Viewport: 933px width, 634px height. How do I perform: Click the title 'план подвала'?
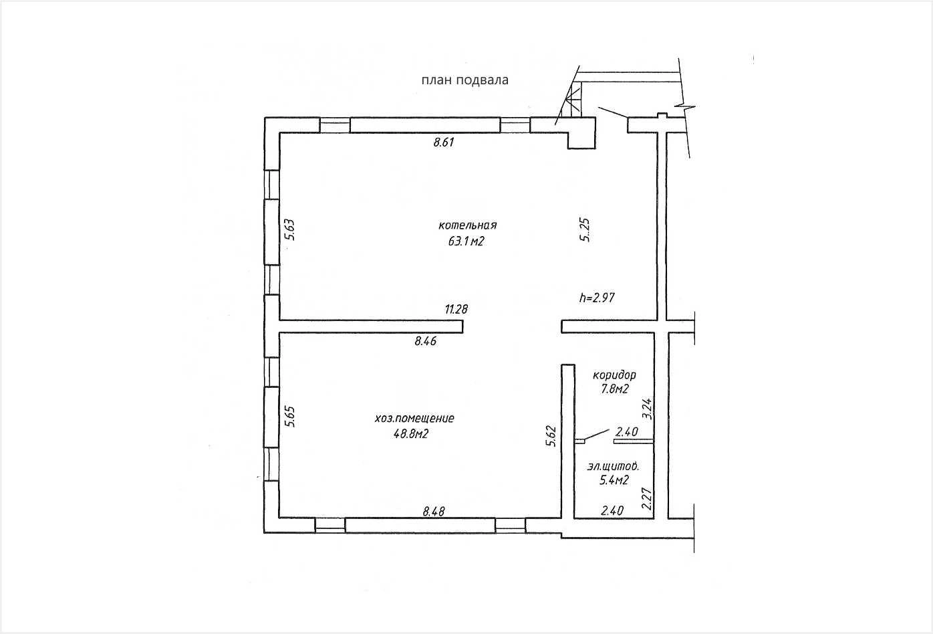tap(465, 80)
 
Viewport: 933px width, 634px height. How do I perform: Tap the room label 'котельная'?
tap(467, 225)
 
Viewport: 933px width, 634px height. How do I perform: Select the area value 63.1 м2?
tap(466, 241)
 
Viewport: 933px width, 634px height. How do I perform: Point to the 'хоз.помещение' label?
tap(414, 419)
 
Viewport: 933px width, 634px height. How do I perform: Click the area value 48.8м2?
tap(411, 434)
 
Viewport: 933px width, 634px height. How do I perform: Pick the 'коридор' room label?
tap(614, 375)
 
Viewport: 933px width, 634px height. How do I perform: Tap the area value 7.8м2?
tap(614, 389)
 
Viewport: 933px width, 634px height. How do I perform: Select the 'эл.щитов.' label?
tap(613, 466)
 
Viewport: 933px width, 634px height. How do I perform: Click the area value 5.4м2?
tap(614, 480)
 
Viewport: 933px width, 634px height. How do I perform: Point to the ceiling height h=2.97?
tap(597, 298)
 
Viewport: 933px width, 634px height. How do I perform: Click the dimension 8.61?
tap(444, 142)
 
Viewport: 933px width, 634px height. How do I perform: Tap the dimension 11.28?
tap(456, 309)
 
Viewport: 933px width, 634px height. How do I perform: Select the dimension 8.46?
tap(425, 341)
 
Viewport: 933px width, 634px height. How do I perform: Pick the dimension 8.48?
tap(434, 512)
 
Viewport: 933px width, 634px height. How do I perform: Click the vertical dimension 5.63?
tap(289, 229)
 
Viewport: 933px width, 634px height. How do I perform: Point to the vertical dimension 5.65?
tap(289, 417)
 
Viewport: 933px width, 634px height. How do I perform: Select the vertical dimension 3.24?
tap(647, 409)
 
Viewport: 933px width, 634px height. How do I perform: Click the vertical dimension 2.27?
tap(647, 498)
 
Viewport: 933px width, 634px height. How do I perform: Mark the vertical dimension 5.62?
tap(551, 436)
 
